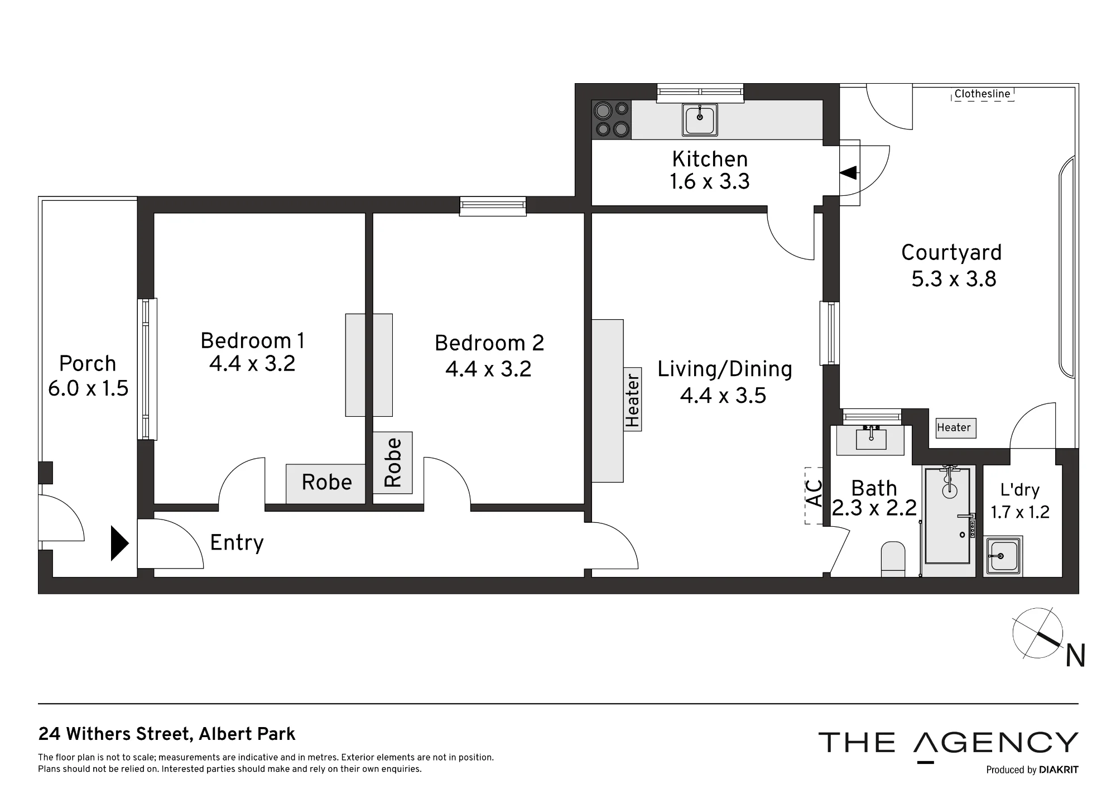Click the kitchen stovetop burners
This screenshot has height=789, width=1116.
(612, 120)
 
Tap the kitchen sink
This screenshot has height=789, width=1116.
(700, 120)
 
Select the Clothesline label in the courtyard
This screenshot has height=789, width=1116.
(982, 94)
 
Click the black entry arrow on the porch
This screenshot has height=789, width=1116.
(120, 543)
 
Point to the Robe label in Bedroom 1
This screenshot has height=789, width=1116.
(326, 482)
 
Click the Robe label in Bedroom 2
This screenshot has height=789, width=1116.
(393, 463)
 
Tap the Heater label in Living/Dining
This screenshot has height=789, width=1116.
(632, 400)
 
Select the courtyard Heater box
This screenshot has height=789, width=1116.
(956, 428)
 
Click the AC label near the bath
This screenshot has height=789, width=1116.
(815, 494)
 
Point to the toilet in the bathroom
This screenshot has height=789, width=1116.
(893, 558)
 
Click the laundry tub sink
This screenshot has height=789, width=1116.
(1003, 556)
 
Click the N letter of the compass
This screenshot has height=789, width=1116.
(1075, 656)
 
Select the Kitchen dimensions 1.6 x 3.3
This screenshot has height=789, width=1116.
(710, 181)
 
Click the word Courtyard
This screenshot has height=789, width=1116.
(951, 253)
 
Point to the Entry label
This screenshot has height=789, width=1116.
(237, 542)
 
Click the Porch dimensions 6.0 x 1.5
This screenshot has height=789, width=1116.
(88, 388)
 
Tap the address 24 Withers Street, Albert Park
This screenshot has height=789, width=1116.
(167, 734)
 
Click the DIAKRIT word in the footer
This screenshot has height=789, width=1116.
(1059, 770)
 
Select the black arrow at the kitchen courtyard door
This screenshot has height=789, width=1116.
(848, 172)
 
